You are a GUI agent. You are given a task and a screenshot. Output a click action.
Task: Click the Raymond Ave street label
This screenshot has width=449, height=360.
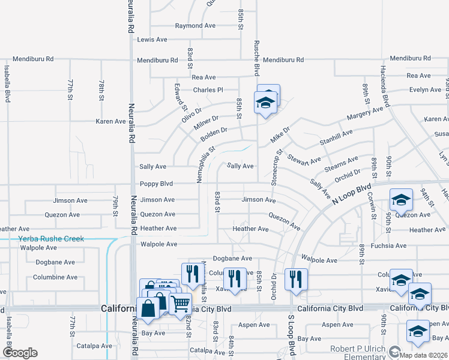click(194, 26)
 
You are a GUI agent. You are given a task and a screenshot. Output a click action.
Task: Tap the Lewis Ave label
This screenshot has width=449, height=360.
click(152, 40)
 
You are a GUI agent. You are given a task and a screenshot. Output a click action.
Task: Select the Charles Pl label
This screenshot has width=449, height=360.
click(208, 90)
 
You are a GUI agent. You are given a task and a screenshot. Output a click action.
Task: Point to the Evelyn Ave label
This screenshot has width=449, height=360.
click(425, 90)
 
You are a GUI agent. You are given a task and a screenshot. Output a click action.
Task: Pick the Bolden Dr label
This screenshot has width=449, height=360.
click(214, 133)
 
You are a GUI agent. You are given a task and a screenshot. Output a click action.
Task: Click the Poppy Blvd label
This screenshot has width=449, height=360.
click(156, 184)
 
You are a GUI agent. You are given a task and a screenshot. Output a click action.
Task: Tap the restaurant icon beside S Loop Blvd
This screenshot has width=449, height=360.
click(296, 279)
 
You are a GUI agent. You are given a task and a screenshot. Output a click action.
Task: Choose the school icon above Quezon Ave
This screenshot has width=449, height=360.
click(401, 200)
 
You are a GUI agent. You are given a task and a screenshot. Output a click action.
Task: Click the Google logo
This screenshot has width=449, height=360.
click(20, 353)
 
